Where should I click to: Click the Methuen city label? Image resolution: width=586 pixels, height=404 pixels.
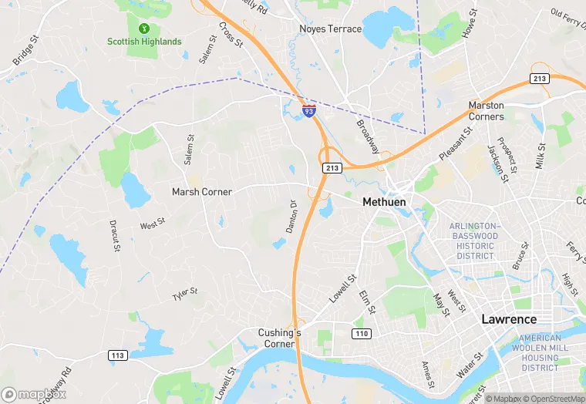[x=384, y=202]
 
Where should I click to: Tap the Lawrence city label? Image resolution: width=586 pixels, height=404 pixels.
[x=508, y=318]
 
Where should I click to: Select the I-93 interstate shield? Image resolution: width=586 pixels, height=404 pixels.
[x=308, y=111]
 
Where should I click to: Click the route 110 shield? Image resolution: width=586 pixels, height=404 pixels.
[x=362, y=334]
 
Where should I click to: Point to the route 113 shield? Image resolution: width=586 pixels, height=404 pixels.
[x=118, y=355]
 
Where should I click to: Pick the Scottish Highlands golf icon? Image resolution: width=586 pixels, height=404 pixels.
[x=144, y=28]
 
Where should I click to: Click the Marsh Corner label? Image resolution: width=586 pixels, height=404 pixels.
[x=201, y=191]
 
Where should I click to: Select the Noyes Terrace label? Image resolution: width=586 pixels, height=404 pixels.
[x=330, y=29]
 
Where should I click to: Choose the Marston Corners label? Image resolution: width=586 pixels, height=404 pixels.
[x=487, y=111]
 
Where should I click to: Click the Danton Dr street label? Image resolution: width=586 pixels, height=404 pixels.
[x=292, y=218]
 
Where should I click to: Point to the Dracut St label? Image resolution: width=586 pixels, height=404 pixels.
[x=114, y=236]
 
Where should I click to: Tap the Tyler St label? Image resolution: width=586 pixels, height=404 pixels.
[x=185, y=294]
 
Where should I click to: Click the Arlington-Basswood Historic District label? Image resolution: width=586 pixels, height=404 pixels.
[x=474, y=241]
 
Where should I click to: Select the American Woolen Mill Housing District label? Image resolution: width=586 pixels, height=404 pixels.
[x=539, y=353]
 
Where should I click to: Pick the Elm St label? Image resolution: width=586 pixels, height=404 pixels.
[x=366, y=302]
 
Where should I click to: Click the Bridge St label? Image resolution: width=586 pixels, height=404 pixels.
[x=25, y=50]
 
